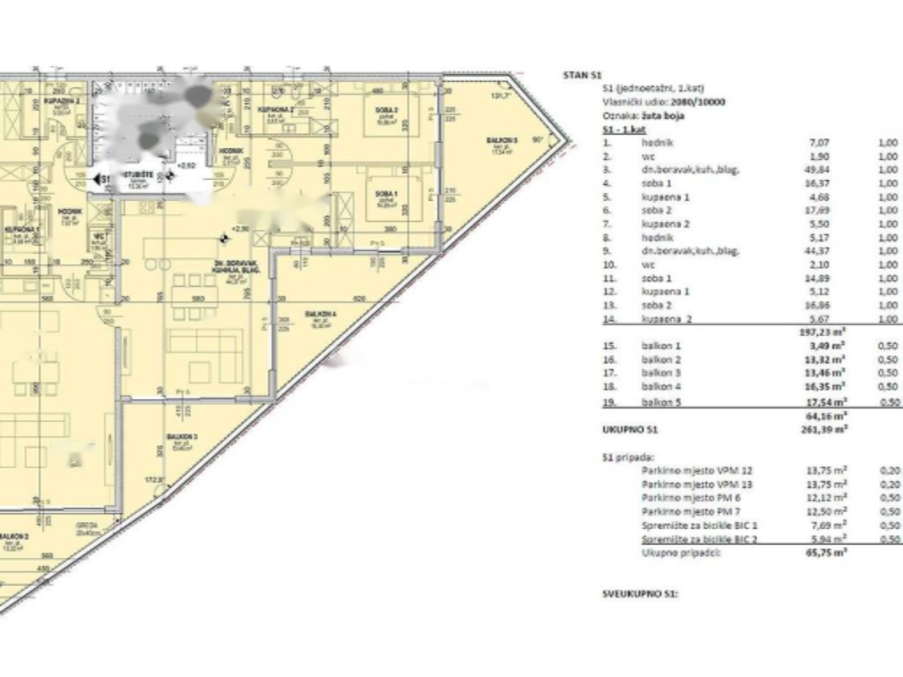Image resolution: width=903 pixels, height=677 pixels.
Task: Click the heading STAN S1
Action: click(x=582, y=75)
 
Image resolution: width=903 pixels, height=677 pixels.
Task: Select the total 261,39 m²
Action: click(x=821, y=428)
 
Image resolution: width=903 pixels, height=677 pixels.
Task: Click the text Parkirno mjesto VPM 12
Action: click(x=691, y=471)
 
